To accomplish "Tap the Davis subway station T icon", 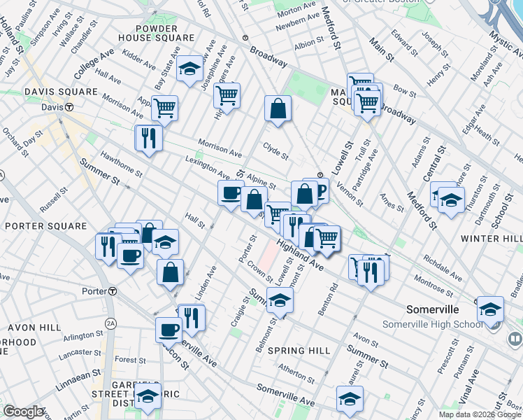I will [69, 107].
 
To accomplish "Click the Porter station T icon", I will [112, 291].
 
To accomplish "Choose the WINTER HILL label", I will [491, 239].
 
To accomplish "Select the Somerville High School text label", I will [432, 324].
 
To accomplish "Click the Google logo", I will [23, 412].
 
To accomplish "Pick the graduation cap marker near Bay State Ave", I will [189, 69].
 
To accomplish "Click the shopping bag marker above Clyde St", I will [278, 108].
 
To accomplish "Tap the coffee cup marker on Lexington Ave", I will [231, 193].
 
